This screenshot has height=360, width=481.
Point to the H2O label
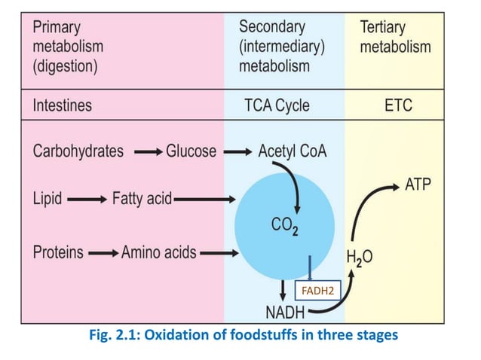pyautogui.click(x=359, y=258)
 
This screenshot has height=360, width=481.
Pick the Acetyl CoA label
pyautogui.click(x=293, y=151)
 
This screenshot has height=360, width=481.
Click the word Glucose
pyautogui.click(x=191, y=151)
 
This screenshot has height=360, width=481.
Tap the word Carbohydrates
pyautogui.click(x=78, y=151)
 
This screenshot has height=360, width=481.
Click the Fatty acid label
pyautogui.click(x=142, y=200)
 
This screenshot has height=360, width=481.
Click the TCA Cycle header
pyautogui.click(x=277, y=105)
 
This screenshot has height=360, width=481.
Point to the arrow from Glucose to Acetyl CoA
pyautogui.click(x=238, y=152)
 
